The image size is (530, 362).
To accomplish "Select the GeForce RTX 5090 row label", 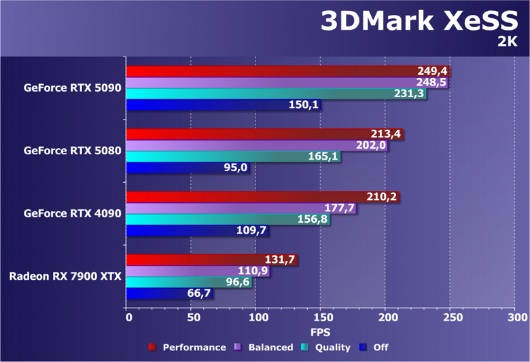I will point(72,88).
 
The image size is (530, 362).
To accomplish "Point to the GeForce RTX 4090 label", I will point(72,213).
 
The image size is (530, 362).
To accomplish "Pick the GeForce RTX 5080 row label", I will point(72,150).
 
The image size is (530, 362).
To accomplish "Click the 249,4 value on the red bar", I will point(433,71).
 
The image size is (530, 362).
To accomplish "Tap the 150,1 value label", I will point(303,105).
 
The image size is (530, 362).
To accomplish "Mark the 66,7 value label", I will point(198,293).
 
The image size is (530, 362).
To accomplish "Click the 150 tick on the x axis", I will point(321,317).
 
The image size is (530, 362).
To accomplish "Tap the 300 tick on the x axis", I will point(516,317).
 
